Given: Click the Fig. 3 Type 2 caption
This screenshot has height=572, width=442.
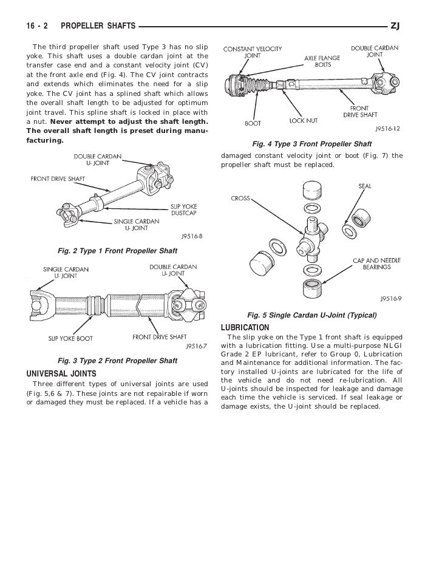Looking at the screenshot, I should pos(117,361).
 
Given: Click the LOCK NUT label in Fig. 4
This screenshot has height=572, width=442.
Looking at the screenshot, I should pos(303,121).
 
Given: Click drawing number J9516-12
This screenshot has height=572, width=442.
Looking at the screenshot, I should pos(386,129).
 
